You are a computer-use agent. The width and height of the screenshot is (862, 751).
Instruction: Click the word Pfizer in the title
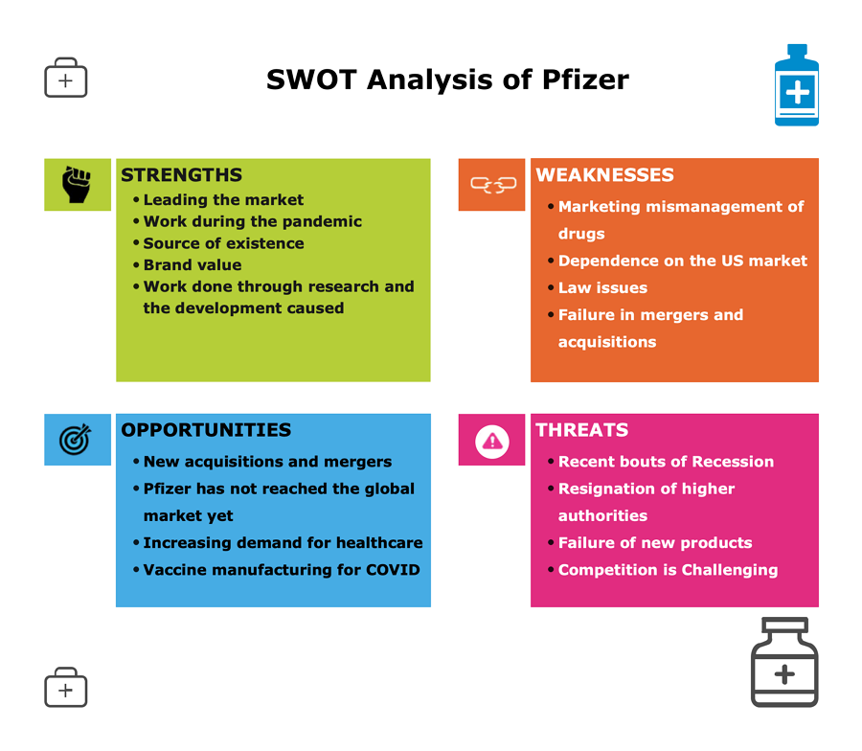[x=585, y=80]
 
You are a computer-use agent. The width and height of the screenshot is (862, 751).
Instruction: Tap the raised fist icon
[x=77, y=184]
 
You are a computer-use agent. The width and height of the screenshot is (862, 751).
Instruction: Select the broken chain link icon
[x=493, y=185]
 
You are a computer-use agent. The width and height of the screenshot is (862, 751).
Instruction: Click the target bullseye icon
[x=76, y=440]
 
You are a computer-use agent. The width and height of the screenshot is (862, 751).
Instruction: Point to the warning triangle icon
[x=492, y=441]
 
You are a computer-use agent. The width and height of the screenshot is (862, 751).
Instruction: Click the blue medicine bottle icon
[x=797, y=85]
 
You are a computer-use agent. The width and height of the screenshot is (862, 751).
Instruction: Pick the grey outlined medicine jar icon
[x=784, y=662]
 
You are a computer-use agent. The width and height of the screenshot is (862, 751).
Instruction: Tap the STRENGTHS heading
[x=181, y=175]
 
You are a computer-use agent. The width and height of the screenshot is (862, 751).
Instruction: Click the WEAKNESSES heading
[x=604, y=175]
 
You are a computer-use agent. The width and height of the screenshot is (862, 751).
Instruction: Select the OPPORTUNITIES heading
[x=206, y=430]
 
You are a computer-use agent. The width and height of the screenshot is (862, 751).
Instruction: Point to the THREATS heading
[x=582, y=430]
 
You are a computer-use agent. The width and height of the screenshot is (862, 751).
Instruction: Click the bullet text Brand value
[x=193, y=265]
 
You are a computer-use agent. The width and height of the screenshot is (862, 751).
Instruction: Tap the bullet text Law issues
[x=602, y=287]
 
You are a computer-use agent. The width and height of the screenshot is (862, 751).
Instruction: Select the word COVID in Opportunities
[x=393, y=570]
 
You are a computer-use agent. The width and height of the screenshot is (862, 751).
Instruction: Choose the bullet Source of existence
[x=224, y=243]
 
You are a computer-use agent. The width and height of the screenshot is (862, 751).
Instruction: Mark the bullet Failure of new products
[x=655, y=543]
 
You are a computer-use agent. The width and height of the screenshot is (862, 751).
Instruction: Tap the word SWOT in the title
[x=311, y=80]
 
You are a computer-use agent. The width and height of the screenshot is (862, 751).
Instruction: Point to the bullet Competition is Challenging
[x=668, y=570]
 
